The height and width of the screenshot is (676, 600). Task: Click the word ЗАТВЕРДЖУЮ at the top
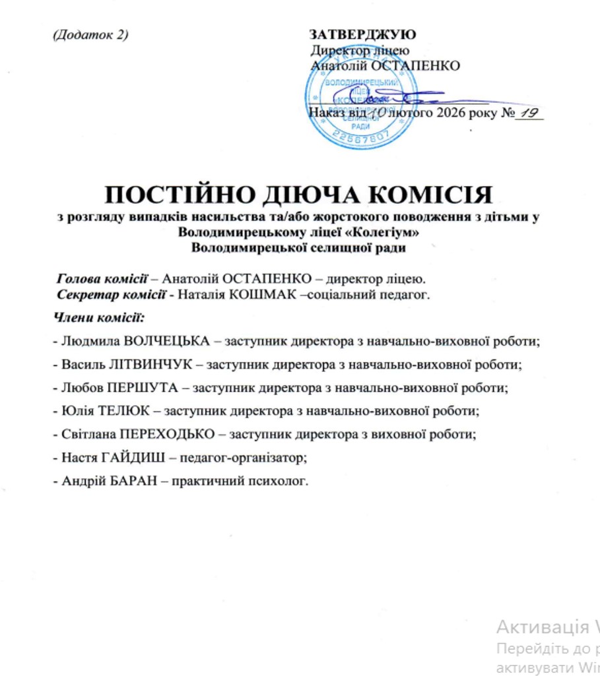(x=362, y=35)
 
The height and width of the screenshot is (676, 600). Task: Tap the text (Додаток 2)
(x=89, y=35)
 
